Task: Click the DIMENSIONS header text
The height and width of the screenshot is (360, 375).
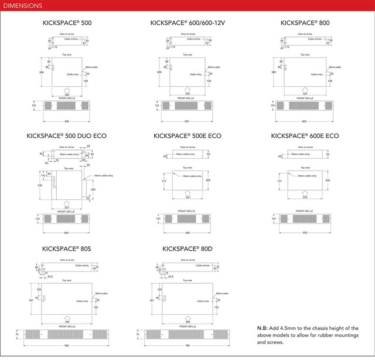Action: click(21, 6)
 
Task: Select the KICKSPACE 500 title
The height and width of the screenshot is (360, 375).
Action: click(67, 23)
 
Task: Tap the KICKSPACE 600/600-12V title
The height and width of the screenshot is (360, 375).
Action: click(187, 23)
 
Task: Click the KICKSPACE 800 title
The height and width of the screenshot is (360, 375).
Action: click(304, 23)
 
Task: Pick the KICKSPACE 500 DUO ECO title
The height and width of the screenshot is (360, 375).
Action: click(67, 136)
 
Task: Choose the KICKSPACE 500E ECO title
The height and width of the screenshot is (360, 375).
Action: click(187, 136)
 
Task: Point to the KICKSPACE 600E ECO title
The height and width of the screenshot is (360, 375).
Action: click(305, 136)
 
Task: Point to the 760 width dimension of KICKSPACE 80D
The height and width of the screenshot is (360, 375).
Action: click(187, 345)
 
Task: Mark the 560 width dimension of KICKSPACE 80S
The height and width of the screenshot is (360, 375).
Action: click(66, 345)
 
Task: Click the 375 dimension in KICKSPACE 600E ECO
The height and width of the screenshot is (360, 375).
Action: click(304, 197)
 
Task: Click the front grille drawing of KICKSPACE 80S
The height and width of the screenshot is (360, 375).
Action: click(66, 335)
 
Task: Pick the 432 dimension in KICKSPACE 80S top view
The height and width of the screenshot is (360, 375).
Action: click(66, 321)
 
